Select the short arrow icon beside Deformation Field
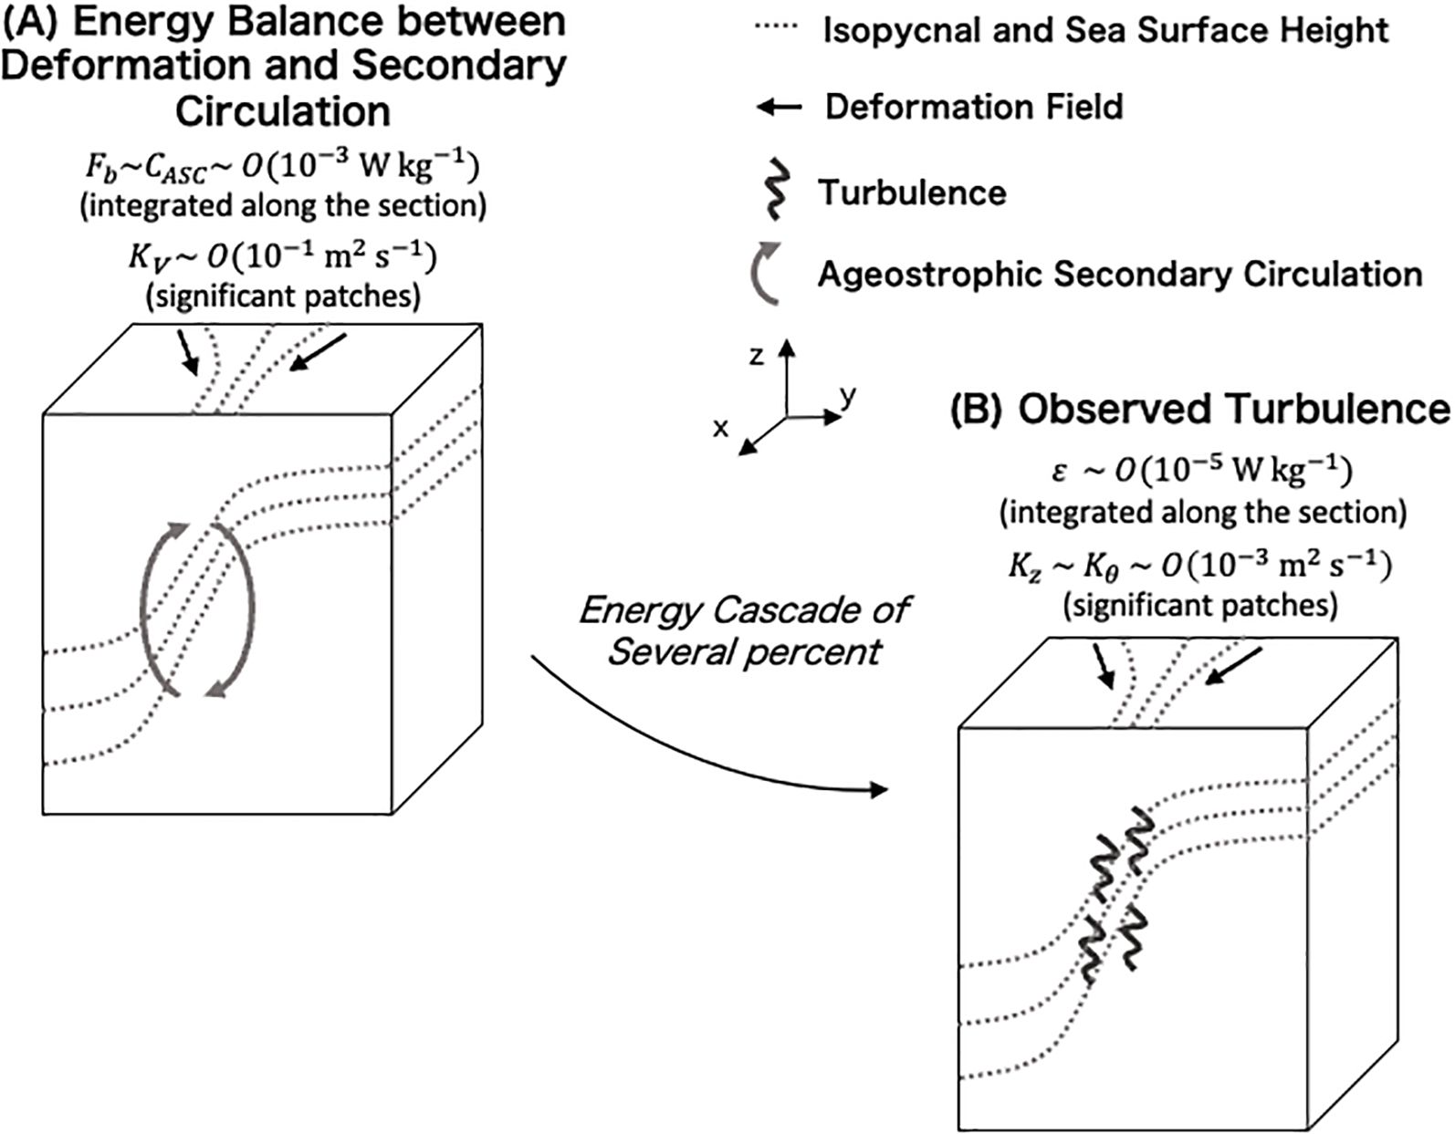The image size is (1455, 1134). pyautogui.click(x=780, y=109)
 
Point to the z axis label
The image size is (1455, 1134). pyautogui.click(x=756, y=356)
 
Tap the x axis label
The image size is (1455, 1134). pyautogui.click(x=720, y=428)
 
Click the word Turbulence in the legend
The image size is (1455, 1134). pyautogui.click(x=912, y=192)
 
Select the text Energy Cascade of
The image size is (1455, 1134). pyautogui.click(x=744, y=609)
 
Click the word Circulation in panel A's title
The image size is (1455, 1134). pyautogui.click(x=283, y=111)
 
